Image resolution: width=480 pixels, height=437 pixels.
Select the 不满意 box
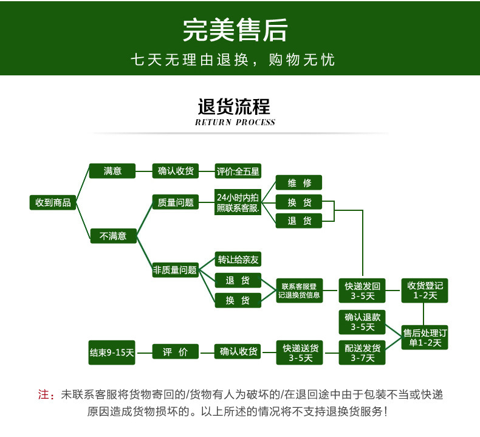coord(114,235)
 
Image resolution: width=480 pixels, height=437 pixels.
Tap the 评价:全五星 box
coord(238,171)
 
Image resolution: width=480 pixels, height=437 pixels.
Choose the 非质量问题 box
coord(175,270)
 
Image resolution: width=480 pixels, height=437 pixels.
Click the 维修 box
coord(298,183)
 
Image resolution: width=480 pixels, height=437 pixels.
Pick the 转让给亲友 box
coord(238,260)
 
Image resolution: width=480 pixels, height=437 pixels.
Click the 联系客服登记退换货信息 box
coord(298,291)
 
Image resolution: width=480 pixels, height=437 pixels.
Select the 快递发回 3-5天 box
coord(363,291)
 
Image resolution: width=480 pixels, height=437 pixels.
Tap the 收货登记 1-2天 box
coord(425,291)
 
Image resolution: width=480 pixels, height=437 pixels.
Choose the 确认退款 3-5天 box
coord(363,322)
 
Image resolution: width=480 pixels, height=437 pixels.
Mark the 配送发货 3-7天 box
coord(363,353)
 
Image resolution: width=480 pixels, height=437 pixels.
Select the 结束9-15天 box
coord(112,352)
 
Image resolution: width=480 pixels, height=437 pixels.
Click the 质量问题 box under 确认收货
coord(175,202)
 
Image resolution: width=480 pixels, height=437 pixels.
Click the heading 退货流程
coord(235,106)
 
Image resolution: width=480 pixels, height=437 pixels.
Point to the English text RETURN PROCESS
coord(235,122)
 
